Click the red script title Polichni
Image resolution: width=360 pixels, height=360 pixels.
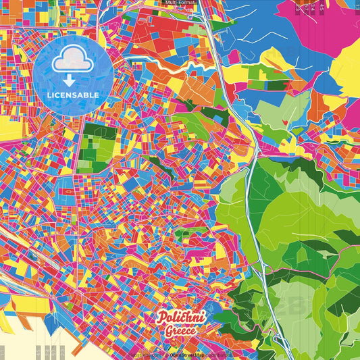coord(181,317)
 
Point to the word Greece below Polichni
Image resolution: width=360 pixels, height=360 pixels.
coord(181,331)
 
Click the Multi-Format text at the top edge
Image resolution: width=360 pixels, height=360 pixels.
coord(180,3)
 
